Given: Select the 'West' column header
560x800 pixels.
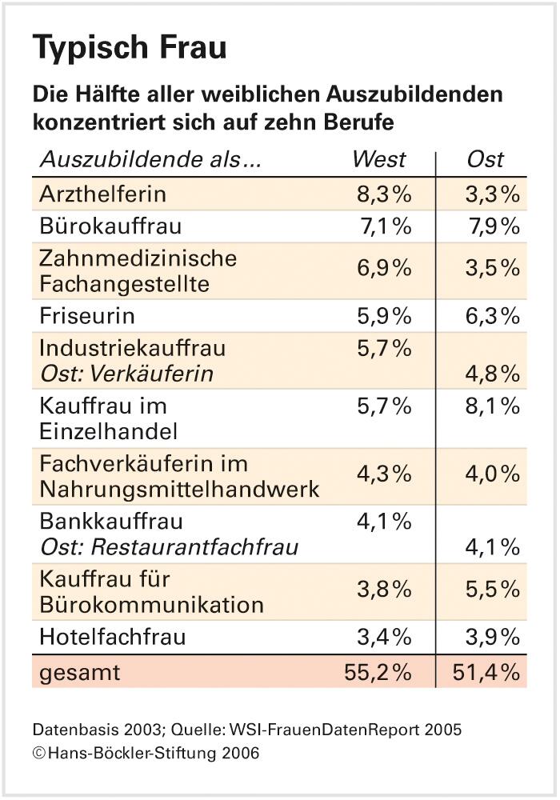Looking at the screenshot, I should [379, 159].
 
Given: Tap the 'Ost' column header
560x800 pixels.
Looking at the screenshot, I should [486, 159].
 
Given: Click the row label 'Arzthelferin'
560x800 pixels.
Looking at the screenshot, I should [102, 194].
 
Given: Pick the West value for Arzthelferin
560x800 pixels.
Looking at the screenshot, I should [384, 194].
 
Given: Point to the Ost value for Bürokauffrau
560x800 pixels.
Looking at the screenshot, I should [493, 227].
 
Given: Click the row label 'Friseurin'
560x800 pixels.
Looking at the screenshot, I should [87, 316].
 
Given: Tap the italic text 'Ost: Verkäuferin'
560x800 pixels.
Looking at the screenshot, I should [126, 374].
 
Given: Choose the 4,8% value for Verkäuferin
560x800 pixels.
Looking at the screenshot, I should [493, 374].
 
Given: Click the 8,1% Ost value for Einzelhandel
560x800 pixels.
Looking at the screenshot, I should [493, 406].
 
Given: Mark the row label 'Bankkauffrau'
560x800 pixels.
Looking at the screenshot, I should [111, 522].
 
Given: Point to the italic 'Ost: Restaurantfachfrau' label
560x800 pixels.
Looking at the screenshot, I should [169, 547].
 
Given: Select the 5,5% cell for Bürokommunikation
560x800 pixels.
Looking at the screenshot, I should [493, 590].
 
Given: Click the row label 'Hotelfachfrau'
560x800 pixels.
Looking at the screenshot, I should [113, 638].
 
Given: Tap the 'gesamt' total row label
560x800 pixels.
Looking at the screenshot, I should [79, 673].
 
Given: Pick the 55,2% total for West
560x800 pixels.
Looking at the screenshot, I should [378, 673].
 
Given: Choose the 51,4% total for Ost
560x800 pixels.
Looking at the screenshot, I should [486, 673].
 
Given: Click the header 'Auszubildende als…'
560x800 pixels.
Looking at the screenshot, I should [150, 159].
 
